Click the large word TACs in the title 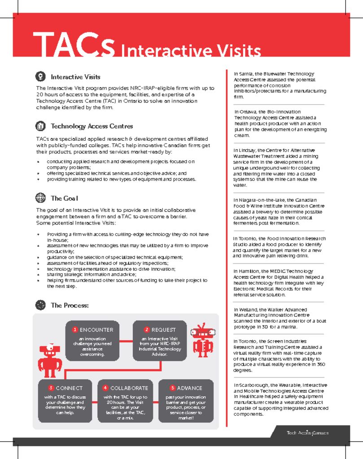click(x=73, y=45)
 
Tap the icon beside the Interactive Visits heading click(x=40, y=77)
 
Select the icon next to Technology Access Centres click(x=40, y=126)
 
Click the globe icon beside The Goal click(x=40, y=198)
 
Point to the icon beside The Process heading click(x=40, y=305)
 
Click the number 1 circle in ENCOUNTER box click(x=75, y=330)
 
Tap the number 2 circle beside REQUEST click(x=146, y=330)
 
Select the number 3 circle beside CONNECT click(x=51, y=388)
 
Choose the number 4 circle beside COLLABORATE click(x=105, y=388)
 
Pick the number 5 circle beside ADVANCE click(x=172, y=388)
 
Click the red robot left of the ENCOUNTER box click(x=50, y=359)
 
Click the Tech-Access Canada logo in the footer click(x=307, y=433)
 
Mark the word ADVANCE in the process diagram click(x=189, y=388)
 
